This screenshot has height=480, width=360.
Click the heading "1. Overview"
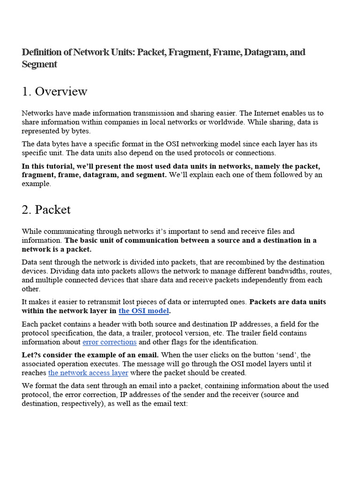[x=54, y=91]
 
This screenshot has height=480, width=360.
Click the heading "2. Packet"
[x=46, y=210]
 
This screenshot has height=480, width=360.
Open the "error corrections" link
[x=109, y=342]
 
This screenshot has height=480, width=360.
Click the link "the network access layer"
[x=88, y=373]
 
